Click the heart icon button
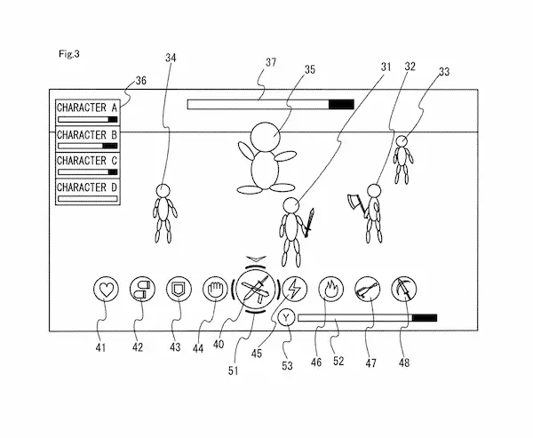coord(106,288)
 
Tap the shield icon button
coord(178,288)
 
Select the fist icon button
coord(215,288)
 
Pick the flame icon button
coord(330,288)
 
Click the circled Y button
coord(287,317)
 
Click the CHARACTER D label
coord(87,187)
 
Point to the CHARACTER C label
coord(87,161)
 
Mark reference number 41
coord(100,347)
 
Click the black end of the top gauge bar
coord(340,104)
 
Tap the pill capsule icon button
coord(141,288)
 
